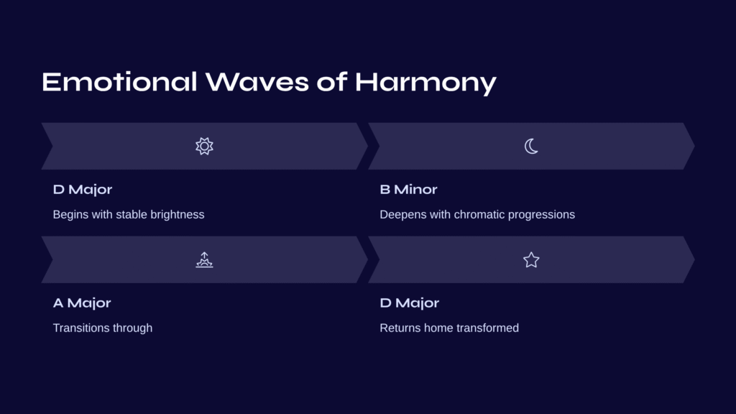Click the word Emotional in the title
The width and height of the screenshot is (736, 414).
pos(119,82)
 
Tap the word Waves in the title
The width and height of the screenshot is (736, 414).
pos(257,82)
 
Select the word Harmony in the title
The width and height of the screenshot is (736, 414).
pos(425,83)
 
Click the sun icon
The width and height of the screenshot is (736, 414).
pos(204,146)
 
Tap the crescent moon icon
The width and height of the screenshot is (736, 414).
pos(531,146)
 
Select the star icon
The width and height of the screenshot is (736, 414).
pos(531,259)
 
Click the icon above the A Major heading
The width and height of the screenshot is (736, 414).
pos(204,259)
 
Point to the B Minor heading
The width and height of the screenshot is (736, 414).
pos(408,189)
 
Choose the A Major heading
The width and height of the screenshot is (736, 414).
pos(82,303)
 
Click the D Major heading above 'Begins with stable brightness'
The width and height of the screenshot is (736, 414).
pos(83,190)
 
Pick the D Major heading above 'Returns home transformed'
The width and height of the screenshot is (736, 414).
pos(409,303)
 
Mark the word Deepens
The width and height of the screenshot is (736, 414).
pos(397,215)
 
